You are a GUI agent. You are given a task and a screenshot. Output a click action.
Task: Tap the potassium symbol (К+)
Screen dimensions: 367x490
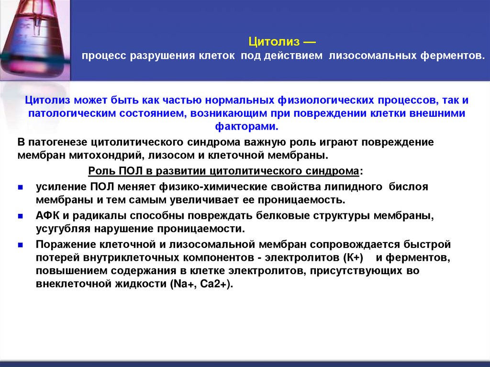pos(354,258)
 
